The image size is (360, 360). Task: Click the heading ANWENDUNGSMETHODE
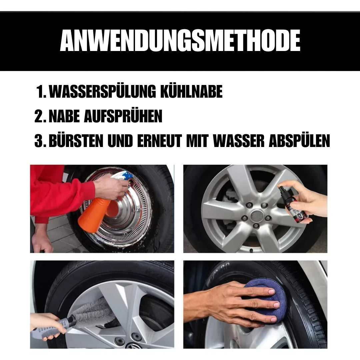[180, 41]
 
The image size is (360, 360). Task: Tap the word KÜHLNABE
[191, 91]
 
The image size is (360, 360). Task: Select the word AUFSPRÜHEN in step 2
[123, 116]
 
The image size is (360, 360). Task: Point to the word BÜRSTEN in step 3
[76, 141]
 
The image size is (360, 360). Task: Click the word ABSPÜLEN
[299, 141]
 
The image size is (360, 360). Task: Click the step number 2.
[39, 116]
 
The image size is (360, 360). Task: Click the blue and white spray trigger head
[122, 177]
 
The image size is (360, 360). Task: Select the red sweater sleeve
[61, 193]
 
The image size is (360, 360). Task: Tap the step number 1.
[42, 92]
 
